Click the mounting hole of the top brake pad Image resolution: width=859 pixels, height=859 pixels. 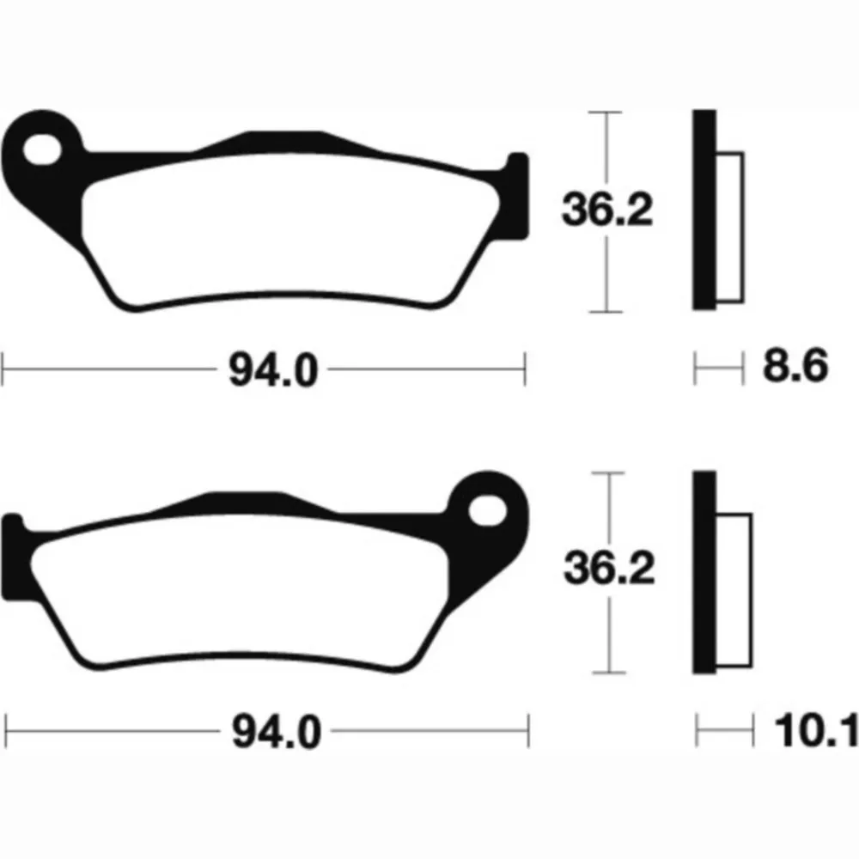coord(42,149)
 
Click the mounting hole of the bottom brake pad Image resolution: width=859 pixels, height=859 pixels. coord(488,510)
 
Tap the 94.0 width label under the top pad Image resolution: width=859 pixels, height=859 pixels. coord(273,370)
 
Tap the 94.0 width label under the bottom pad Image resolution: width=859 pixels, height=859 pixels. coord(276,731)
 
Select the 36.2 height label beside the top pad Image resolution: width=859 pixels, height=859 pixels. coord(607,210)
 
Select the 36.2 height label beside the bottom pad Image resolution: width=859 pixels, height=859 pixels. coord(609,568)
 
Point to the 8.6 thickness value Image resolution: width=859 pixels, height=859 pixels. coord(795,366)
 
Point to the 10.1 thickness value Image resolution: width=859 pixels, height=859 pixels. coord(816,730)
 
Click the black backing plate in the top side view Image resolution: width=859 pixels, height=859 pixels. coord(704,210)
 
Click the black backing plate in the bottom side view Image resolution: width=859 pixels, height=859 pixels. coord(705,572)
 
